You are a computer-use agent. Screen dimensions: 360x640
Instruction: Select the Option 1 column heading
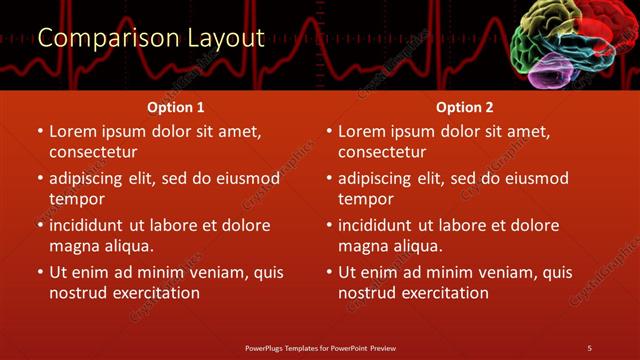point(176,107)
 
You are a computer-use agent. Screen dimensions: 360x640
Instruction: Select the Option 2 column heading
point(465,107)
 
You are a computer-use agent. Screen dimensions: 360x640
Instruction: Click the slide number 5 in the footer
point(589,347)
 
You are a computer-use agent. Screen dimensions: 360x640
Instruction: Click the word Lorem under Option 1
point(73,131)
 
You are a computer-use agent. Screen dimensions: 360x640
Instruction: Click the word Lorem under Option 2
point(362,131)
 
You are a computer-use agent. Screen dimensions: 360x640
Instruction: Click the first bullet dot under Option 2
point(329,132)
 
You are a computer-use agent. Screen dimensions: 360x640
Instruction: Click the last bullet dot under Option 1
point(40,273)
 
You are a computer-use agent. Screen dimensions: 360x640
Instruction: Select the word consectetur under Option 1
point(93,152)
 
